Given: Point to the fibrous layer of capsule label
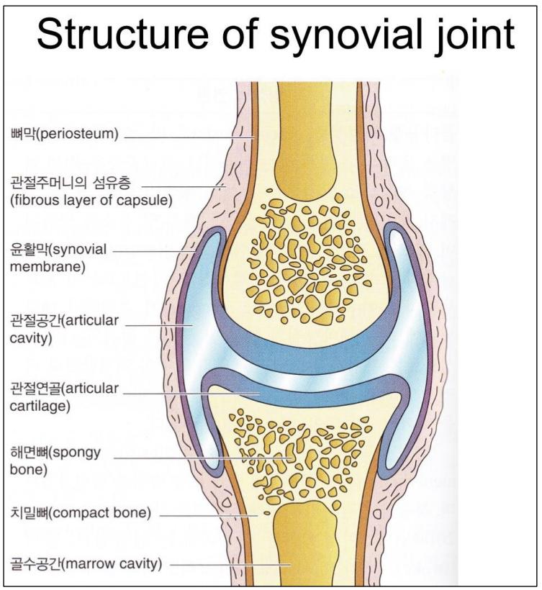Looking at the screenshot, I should pos(90,191).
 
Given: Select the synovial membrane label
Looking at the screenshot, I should pos(58,258).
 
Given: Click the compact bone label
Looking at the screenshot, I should pos(80,514).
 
